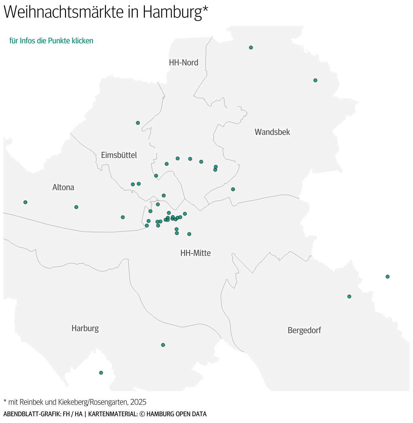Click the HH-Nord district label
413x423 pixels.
point(183,62)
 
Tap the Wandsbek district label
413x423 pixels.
point(272,132)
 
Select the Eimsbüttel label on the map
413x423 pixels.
point(119,155)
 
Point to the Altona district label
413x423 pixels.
point(63,187)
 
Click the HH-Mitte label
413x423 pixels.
point(195,253)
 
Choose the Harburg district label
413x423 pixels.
point(85,328)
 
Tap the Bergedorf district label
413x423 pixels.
point(304,330)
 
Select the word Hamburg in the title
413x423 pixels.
point(172,12)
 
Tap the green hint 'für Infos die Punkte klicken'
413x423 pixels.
point(51,41)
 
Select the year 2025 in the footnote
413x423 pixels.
point(138,402)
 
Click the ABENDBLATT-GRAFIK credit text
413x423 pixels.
point(32,414)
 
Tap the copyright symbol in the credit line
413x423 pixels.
point(142,414)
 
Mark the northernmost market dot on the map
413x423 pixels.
point(251,47)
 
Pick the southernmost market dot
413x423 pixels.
point(101,373)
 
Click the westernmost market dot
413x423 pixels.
point(25,202)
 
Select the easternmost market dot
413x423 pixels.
point(388,277)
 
